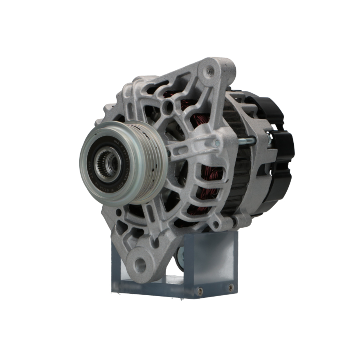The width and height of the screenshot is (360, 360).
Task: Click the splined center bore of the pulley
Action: pyautogui.click(x=107, y=163)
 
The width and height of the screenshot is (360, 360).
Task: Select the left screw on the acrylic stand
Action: pyautogui.click(x=200, y=291)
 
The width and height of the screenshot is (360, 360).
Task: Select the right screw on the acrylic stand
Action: pyautogui.click(x=231, y=287)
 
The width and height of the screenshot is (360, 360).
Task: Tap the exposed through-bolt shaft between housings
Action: pyautogui.click(x=245, y=141)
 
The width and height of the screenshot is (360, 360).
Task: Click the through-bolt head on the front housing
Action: pyautogui.click(x=217, y=143)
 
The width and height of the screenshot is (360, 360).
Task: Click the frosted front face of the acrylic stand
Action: pyautogui.click(x=216, y=256)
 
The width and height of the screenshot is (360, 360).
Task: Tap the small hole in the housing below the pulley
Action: pyautogui.click(x=119, y=213)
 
